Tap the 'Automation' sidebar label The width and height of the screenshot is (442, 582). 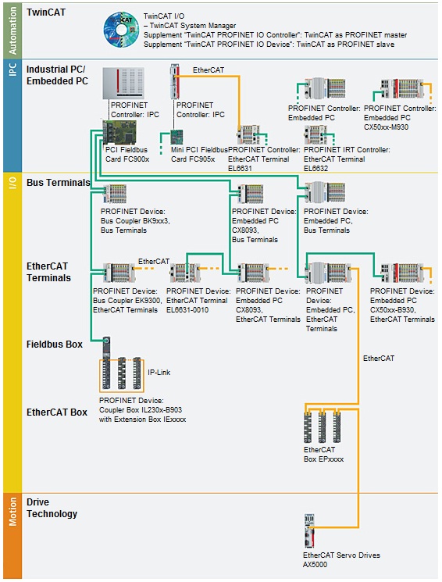point(12,30)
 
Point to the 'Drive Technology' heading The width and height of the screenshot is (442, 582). point(52,508)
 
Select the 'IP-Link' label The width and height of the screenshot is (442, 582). point(159,373)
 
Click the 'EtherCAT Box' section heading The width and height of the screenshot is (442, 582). point(57,412)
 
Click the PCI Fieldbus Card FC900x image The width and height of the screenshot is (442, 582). point(118,133)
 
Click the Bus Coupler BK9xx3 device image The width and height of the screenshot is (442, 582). point(113,194)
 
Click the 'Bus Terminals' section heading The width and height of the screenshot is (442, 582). point(58,183)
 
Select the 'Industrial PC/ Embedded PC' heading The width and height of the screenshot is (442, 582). point(57,75)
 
